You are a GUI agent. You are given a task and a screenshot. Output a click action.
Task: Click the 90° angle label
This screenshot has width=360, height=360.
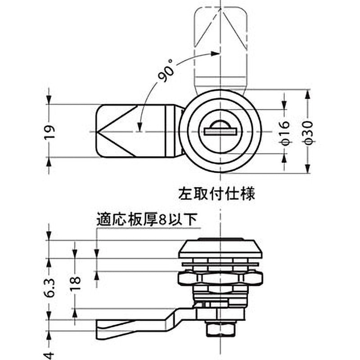coord(165,72)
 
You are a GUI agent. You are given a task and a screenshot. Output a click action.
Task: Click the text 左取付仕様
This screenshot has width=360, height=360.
coord(217,194)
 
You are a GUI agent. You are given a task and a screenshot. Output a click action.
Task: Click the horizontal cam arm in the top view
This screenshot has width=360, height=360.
coord(135,131)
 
